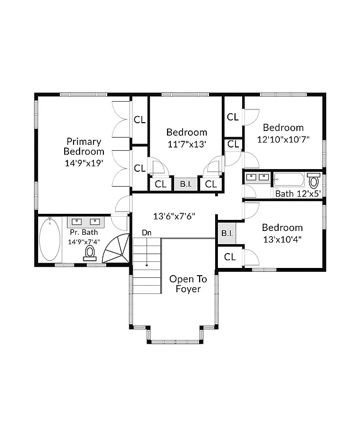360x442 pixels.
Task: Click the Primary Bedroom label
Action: tap(84, 146)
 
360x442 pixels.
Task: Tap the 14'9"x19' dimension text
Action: tap(84, 163)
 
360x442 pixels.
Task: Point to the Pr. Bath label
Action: tap(84, 233)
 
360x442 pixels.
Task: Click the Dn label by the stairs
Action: tap(147, 233)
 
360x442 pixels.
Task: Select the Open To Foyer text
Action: tap(188, 284)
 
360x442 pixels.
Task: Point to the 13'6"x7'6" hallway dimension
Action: tap(174, 216)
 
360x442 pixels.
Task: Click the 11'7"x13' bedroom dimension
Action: tap(187, 144)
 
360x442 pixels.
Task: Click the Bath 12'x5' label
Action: tap(298, 193)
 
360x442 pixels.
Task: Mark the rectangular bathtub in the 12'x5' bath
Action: tap(289, 180)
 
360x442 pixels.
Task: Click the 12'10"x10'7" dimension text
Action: tap(283, 140)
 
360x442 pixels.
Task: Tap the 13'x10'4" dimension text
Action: tap(282, 239)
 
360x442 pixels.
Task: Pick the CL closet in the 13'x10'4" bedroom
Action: tap(229, 257)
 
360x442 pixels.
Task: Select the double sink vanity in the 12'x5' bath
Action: tap(258, 178)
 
